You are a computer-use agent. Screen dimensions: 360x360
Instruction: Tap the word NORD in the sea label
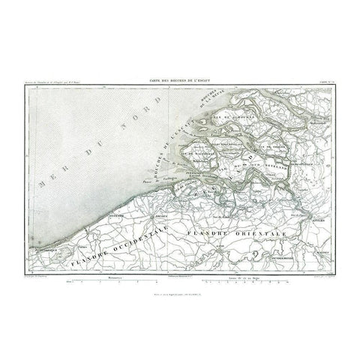87,158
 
